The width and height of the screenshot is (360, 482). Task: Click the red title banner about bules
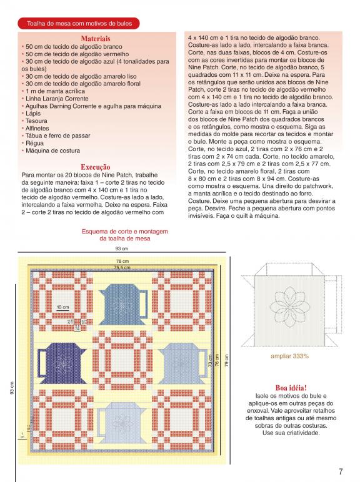pos(79,23)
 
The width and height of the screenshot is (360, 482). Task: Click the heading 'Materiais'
pos(96,39)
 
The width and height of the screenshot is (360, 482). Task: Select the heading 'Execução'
pos(96,167)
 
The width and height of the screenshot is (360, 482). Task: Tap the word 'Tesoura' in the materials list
pos(36,120)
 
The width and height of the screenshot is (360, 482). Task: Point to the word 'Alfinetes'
pos(37,128)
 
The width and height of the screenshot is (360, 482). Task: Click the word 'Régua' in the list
pos(34,143)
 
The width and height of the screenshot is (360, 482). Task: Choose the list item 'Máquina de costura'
pos(52,150)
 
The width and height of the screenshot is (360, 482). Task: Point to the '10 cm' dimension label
pos(62,307)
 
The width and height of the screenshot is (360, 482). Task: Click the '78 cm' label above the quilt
pos(122,261)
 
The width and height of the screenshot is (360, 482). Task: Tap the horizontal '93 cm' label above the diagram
pos(122,248)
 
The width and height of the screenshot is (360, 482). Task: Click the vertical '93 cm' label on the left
pos(12,388)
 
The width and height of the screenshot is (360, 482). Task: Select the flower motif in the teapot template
pos(290,307)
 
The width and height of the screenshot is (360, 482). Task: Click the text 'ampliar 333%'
pos(289,357)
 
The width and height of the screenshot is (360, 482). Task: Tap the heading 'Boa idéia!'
pos(291,388)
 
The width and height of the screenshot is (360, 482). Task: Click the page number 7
pos(341,471)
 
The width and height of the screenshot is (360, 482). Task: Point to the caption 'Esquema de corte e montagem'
pos(124,232)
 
